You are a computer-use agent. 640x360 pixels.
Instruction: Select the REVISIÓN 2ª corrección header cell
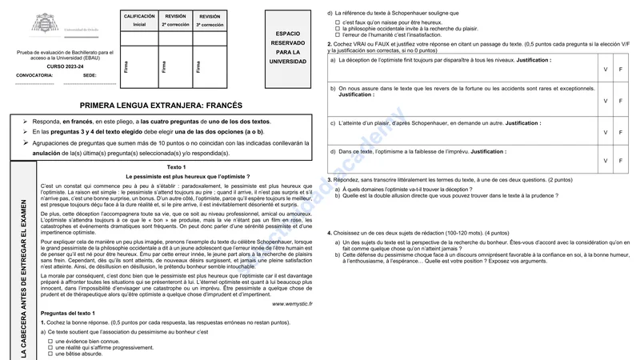tap(175, 20)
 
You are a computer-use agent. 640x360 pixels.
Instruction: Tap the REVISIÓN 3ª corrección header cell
tap(210, 20)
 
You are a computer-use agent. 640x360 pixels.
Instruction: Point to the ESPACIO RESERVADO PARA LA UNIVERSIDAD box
tap(286, 47)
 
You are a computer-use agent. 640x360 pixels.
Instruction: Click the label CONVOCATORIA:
tap(34, 74)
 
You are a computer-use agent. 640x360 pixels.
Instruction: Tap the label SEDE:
tap(90, 74)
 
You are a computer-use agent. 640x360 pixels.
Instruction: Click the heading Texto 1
tap(176, 166)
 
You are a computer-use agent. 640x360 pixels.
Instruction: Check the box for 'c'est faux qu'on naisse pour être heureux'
tap(338, 22)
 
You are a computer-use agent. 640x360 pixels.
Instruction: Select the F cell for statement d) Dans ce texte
tap(620, 161)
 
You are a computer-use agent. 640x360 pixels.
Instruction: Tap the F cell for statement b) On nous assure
tap(620, 101)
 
